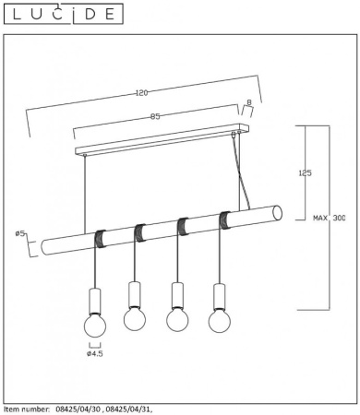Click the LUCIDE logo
[63, 14]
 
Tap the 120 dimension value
[141, 92]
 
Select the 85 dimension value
[155, 116]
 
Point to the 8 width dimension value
[249, 102]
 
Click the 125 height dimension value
[306, 172]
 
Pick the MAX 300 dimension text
[330, 218]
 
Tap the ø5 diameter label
[20, 233]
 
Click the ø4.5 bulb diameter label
[95, 353]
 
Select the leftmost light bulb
[95, 325]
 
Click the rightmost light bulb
[220, 321]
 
